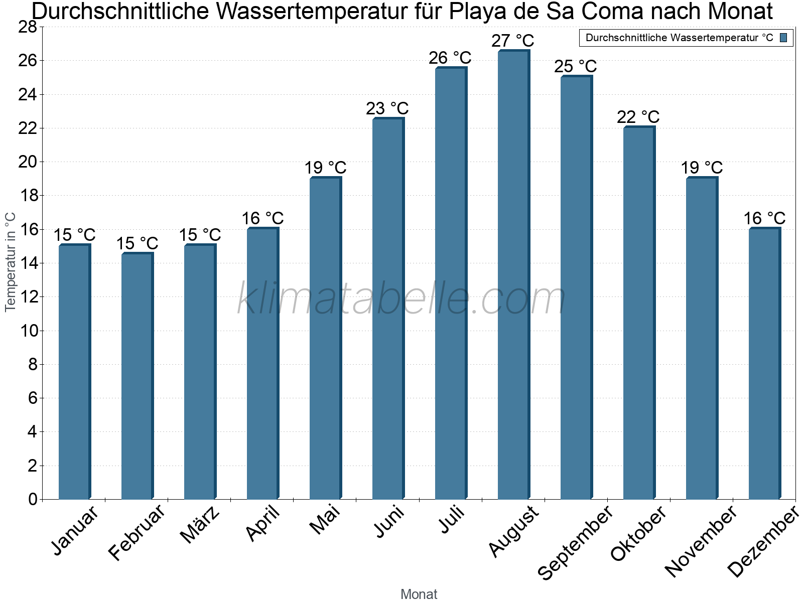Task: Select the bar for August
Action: [x=513, y=275]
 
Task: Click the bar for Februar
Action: [x=137, y=376]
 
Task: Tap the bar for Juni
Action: [x=387, y=309]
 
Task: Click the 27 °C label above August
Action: [x=512, y=41]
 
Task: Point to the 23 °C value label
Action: [x=387, y=108]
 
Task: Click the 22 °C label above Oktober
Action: [x=638, y=117]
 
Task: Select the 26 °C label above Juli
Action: [x=450, y=58]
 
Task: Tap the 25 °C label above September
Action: [x=575, y=66]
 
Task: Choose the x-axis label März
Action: [x=200, y=525]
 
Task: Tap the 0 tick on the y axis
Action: [x=33, y=499]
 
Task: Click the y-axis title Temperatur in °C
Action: [x=11, y=262]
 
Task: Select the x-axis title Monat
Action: [x=419, y=594]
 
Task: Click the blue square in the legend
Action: [x=783, y=38]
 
